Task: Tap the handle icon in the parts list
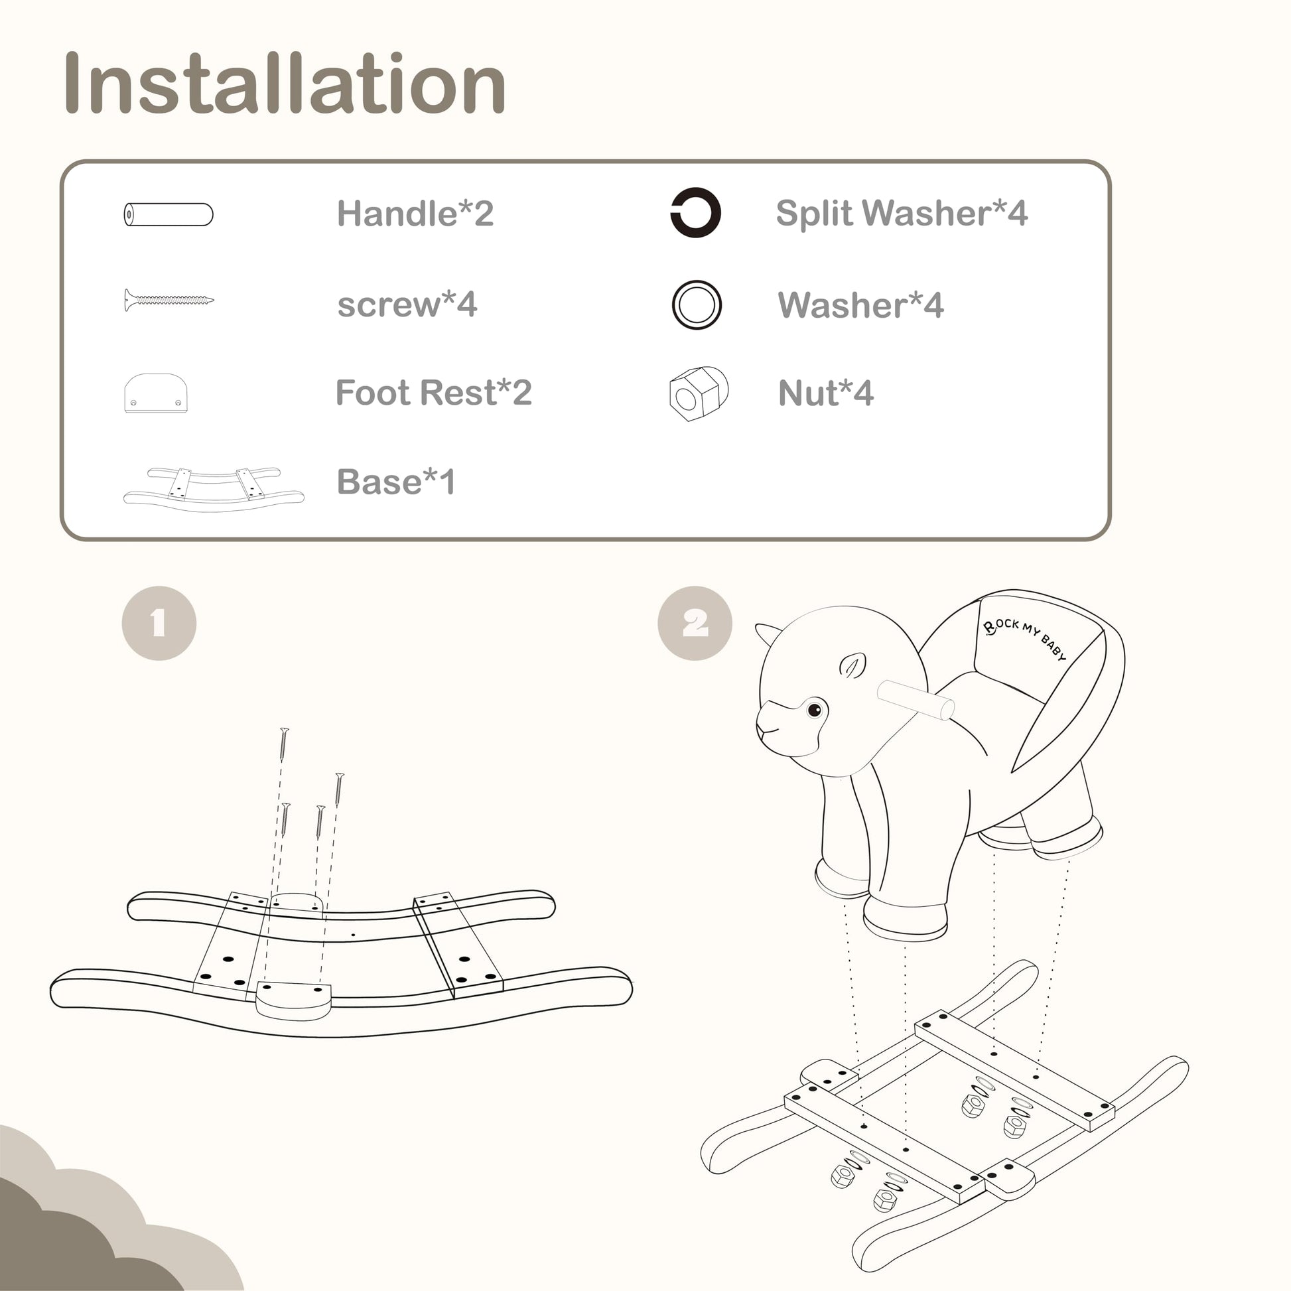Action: (169, 214)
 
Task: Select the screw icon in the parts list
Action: (169, 300)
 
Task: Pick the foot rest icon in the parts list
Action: (156, 393)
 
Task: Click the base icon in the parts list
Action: (214, 489)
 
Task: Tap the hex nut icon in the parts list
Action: (699, 393)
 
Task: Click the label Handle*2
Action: (415, 214)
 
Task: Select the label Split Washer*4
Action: (902, 214)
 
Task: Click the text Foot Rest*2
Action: (434, 392)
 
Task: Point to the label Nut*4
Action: (826, 393)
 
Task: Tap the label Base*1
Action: (395, 482)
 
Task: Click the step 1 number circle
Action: (159, 624)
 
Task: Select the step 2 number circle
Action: (695, 624)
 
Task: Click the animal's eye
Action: (815, 709)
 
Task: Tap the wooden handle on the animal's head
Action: (916, 700)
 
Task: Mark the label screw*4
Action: (407, 305)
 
